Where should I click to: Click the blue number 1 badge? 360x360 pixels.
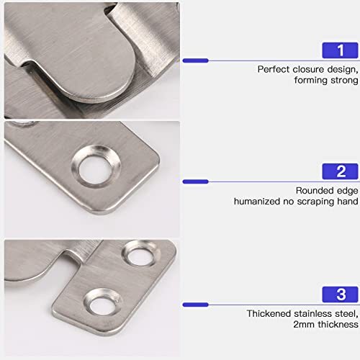tap(341, 50)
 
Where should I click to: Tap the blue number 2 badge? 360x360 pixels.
tap(341, 171)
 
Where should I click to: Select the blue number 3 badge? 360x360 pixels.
tap(341, 294)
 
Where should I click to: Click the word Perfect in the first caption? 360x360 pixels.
tap(273, 69)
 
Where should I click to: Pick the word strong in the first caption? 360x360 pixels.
tap(343, 81)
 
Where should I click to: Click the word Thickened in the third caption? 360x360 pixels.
tap(269, 313)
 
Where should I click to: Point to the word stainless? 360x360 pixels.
tap(313, 313)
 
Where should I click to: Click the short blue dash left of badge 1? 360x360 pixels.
tap(195, 60)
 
